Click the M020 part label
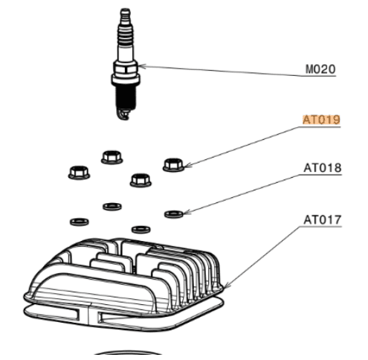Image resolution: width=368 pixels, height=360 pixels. coord(320,69)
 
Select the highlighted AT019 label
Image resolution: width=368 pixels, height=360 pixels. coord(321,120)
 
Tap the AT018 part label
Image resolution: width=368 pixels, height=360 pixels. coord(323,168)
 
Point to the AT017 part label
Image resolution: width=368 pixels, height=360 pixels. coord(323,220)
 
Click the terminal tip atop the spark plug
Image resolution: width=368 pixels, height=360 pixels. coord(125,13)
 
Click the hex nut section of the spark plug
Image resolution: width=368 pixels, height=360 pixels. coord(125,68)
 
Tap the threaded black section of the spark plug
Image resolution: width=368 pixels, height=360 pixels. coord(126,97)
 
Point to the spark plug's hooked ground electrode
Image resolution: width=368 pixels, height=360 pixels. coord(124,115)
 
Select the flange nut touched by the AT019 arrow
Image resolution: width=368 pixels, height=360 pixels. coord(173,165)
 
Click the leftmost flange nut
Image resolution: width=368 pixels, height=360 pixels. coord(79,173)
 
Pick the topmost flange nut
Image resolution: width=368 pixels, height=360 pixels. coord(112,157)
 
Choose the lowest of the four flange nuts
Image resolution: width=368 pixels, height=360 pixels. coord(141,180)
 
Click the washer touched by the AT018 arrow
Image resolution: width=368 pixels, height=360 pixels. coord(174,214)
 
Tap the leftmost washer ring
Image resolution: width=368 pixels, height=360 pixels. coord(80,222)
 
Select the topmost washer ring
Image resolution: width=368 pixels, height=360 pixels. coord(112,206)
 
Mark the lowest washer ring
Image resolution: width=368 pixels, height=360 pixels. coord(141,229)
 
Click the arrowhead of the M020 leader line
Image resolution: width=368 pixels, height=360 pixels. coord(142,66)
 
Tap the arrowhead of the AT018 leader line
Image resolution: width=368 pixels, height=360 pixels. coord(187,212)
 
